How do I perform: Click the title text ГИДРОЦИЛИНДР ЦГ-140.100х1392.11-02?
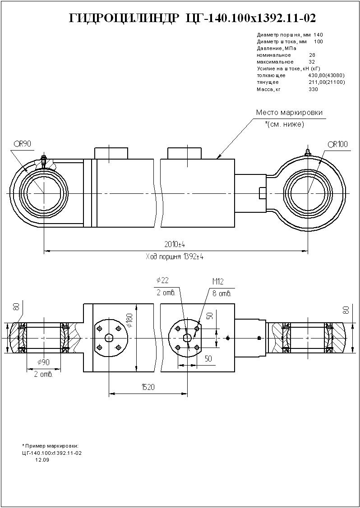click(192, 18)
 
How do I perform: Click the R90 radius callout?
click(23, 144)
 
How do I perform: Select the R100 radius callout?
click(338, 144)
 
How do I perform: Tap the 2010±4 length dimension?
click(175, 244)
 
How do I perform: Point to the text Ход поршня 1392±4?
click(174, 256)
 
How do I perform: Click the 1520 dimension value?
click(148, 387)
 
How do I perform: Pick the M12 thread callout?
click(218, 282)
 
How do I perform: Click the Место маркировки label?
click(289, 113)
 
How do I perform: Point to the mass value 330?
click(313, 89)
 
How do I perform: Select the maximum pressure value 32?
click(312, 62)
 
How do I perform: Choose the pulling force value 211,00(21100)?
click(326, 82)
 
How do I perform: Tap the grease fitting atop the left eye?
click(44, 160)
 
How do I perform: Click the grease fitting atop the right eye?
click(308, 152)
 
